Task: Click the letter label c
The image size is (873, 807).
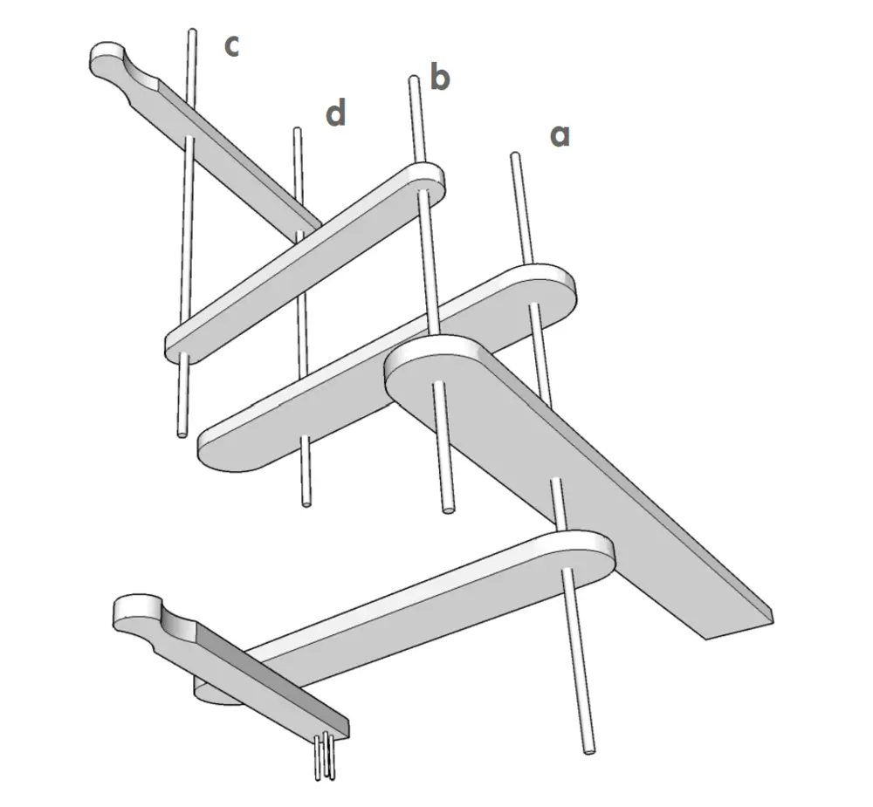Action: (x=231, y=46)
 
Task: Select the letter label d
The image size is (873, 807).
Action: (x=336, y=112)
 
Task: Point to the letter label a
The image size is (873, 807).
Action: (x=560, y=136)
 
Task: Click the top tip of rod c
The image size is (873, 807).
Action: (x=192, y=31)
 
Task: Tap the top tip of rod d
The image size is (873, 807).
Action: (x=298, y=131)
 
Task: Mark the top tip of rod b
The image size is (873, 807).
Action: (x=413, y=79)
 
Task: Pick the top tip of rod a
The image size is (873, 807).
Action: (x=516, y=156)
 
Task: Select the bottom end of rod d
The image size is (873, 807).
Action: (x=306, y=503)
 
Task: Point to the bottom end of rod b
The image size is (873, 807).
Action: (x=448, y=509)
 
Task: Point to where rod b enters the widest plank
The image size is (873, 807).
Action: (x=438, y=384)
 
